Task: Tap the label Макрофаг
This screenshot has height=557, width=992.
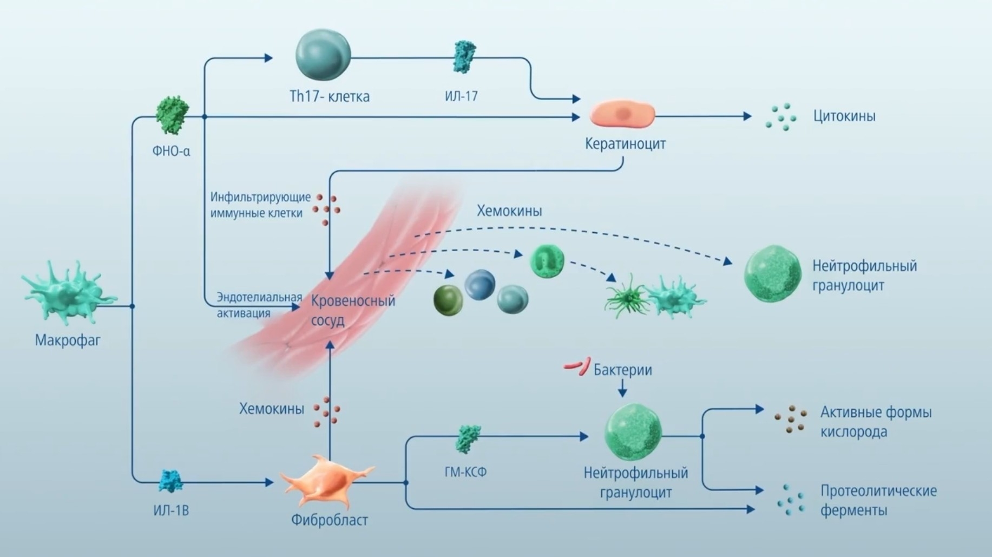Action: click(68, 340)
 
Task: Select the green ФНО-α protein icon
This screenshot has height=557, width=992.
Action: click(172, 115)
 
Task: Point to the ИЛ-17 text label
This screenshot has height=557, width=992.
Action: click(461, 96)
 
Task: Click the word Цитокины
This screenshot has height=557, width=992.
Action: click(844, 116)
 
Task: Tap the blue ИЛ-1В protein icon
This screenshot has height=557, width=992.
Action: click(171, 481)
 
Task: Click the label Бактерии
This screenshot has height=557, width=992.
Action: click(622, 370)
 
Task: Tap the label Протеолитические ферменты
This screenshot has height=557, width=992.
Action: click(878, 500)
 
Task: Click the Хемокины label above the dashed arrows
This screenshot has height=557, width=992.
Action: click(509, 211)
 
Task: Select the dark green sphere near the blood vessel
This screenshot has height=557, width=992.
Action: click(448, 300)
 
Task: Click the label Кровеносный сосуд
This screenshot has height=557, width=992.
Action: click(353, 310)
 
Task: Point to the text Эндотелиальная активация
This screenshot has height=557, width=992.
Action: click(259, 305)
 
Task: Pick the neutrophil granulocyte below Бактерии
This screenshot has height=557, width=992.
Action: click(633, 433)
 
